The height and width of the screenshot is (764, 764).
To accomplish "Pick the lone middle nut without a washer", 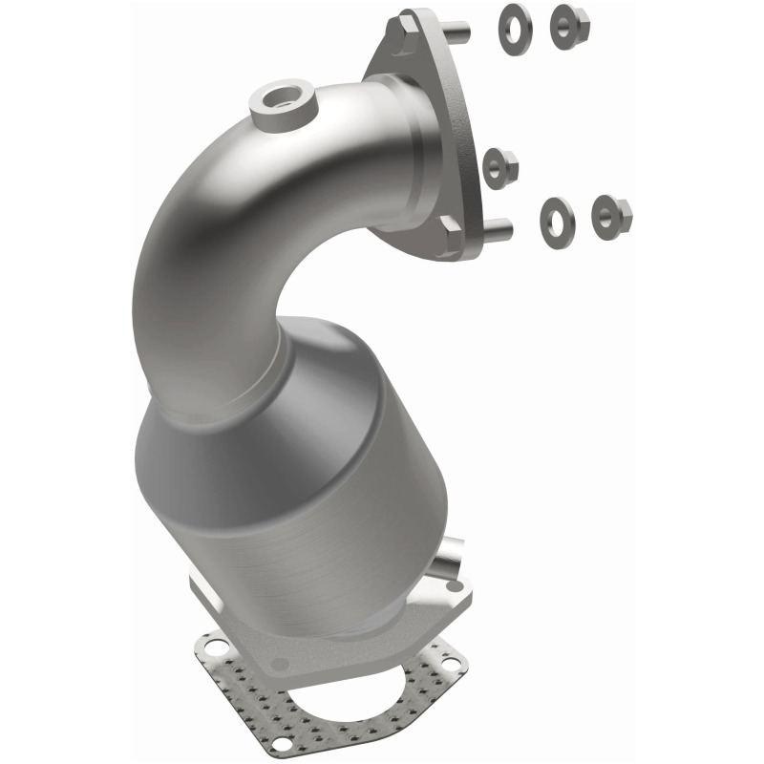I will [x=499, y=168].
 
